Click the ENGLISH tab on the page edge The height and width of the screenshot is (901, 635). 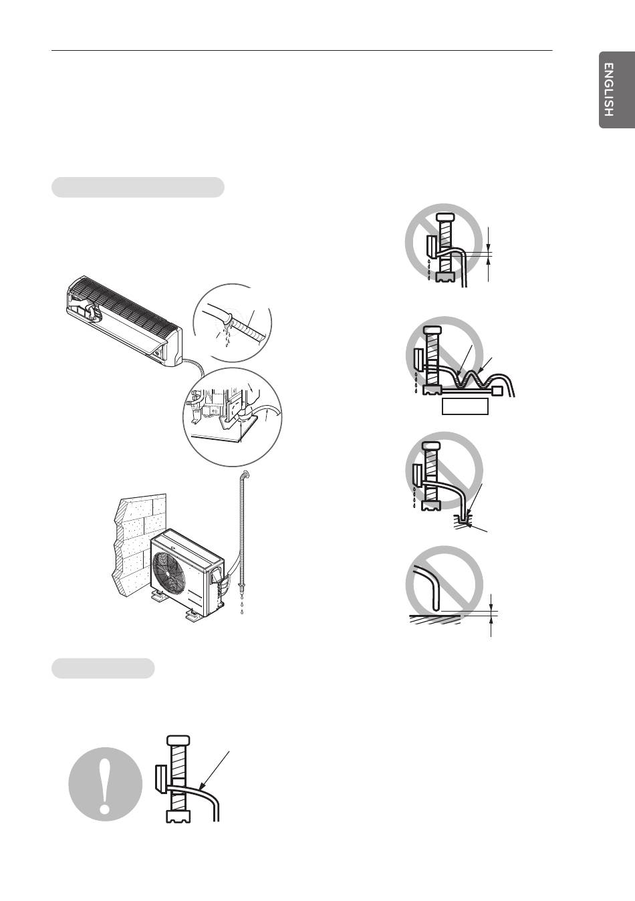tap(616, 90)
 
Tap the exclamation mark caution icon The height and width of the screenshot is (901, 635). tap(106, 784)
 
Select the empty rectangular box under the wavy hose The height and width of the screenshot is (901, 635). tap(465, 406)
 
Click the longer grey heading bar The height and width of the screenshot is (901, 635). tap(138, 187)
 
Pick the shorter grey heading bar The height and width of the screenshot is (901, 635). tap(103, 668)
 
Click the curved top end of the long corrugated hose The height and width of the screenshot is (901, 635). tap(244, 475)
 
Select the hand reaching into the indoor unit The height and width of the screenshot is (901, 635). tap(90, 308)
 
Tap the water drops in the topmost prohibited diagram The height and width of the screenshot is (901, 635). tap(430, 269)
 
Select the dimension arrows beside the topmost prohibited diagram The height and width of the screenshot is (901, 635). tap(489, 254)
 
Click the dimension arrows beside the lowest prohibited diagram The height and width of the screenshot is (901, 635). tap(491, 615)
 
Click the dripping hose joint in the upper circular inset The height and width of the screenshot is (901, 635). tap(227, 319)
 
